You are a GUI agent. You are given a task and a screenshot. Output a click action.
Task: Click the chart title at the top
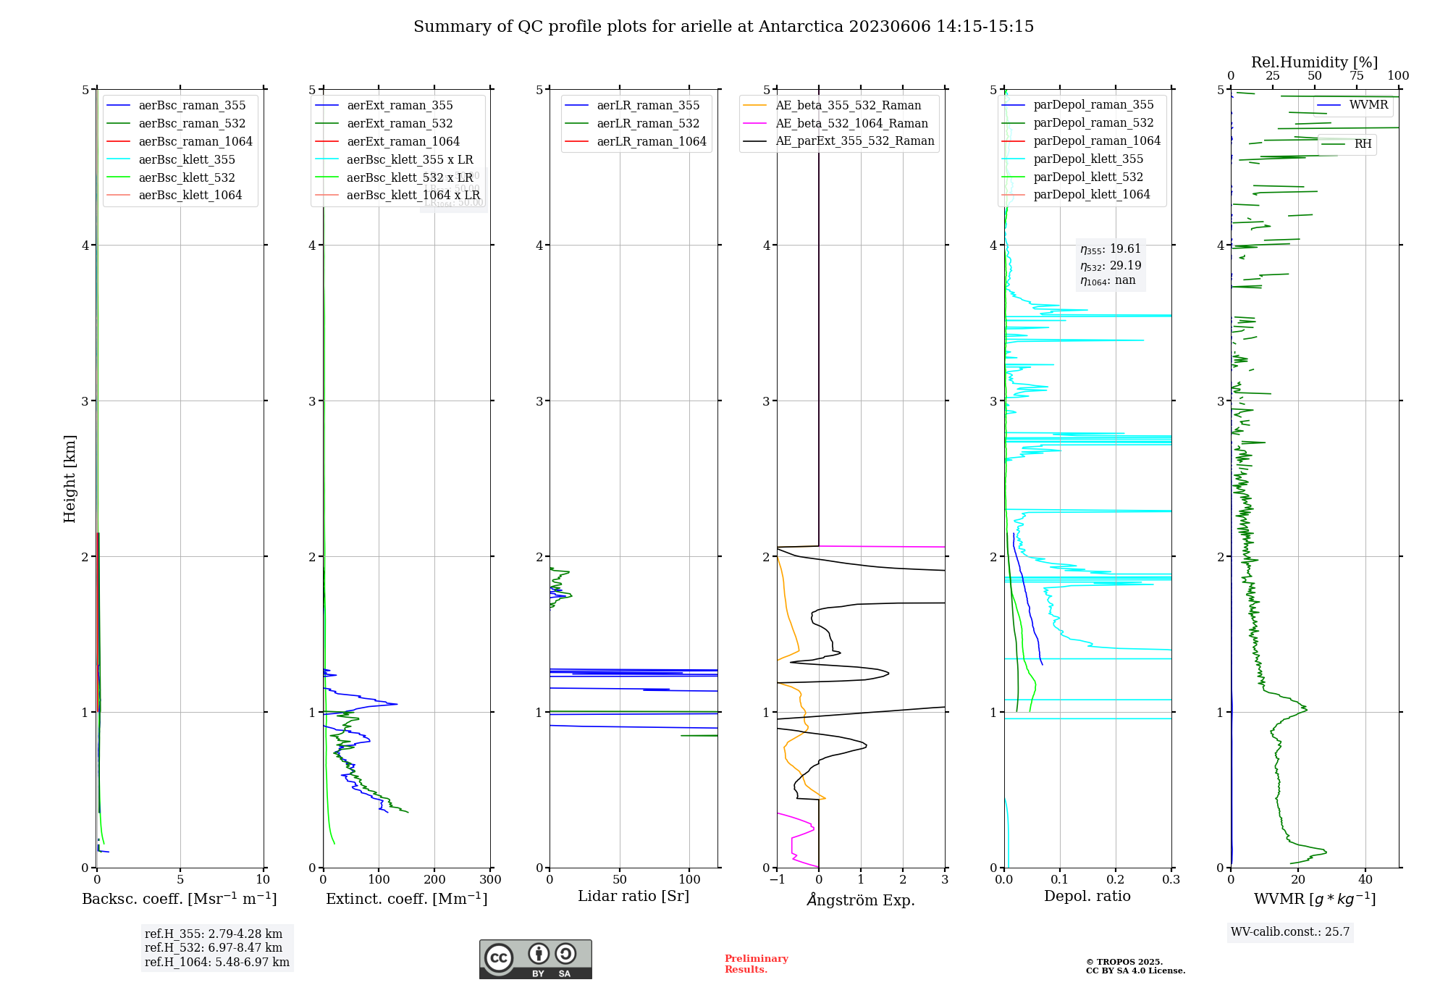click(723, 27)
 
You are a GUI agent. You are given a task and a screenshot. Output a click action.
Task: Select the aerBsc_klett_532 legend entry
click(187, 177)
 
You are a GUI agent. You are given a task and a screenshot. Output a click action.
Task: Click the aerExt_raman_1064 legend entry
click(403, 141)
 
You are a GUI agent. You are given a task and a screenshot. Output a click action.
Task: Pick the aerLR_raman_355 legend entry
click(648, 106)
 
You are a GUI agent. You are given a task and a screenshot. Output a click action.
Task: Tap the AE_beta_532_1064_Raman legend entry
click(851, 124)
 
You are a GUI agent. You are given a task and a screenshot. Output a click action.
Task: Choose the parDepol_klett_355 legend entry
click(1088, 159)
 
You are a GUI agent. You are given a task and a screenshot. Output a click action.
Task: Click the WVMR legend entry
click(1368, 105)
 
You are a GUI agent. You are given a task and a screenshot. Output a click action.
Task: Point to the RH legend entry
click(1363, 144)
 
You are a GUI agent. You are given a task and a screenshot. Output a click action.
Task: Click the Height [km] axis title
click(70, 478)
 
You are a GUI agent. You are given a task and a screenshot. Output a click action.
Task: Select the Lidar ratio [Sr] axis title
click(633, 896)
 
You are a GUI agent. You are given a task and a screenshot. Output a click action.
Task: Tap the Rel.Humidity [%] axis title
click(1314, 62)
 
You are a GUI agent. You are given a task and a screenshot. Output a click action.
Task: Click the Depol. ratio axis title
click(1087, 896)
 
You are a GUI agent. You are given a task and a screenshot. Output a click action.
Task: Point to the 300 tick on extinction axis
click(490, 880)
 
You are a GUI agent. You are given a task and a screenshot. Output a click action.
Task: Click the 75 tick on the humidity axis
click(1356, 76)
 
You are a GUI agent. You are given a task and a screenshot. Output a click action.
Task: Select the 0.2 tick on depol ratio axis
click(1115, 880)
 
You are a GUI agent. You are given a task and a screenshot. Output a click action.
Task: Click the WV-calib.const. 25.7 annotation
click(1290, 932)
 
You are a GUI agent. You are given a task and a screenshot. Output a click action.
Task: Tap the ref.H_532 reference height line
click(213, 948)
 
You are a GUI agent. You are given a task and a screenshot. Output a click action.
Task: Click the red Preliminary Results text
click(756, 964)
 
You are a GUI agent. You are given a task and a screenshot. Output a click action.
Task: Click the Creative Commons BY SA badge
click(535, 959)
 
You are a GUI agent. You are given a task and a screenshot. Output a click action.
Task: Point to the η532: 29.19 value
click(1111, 266)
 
